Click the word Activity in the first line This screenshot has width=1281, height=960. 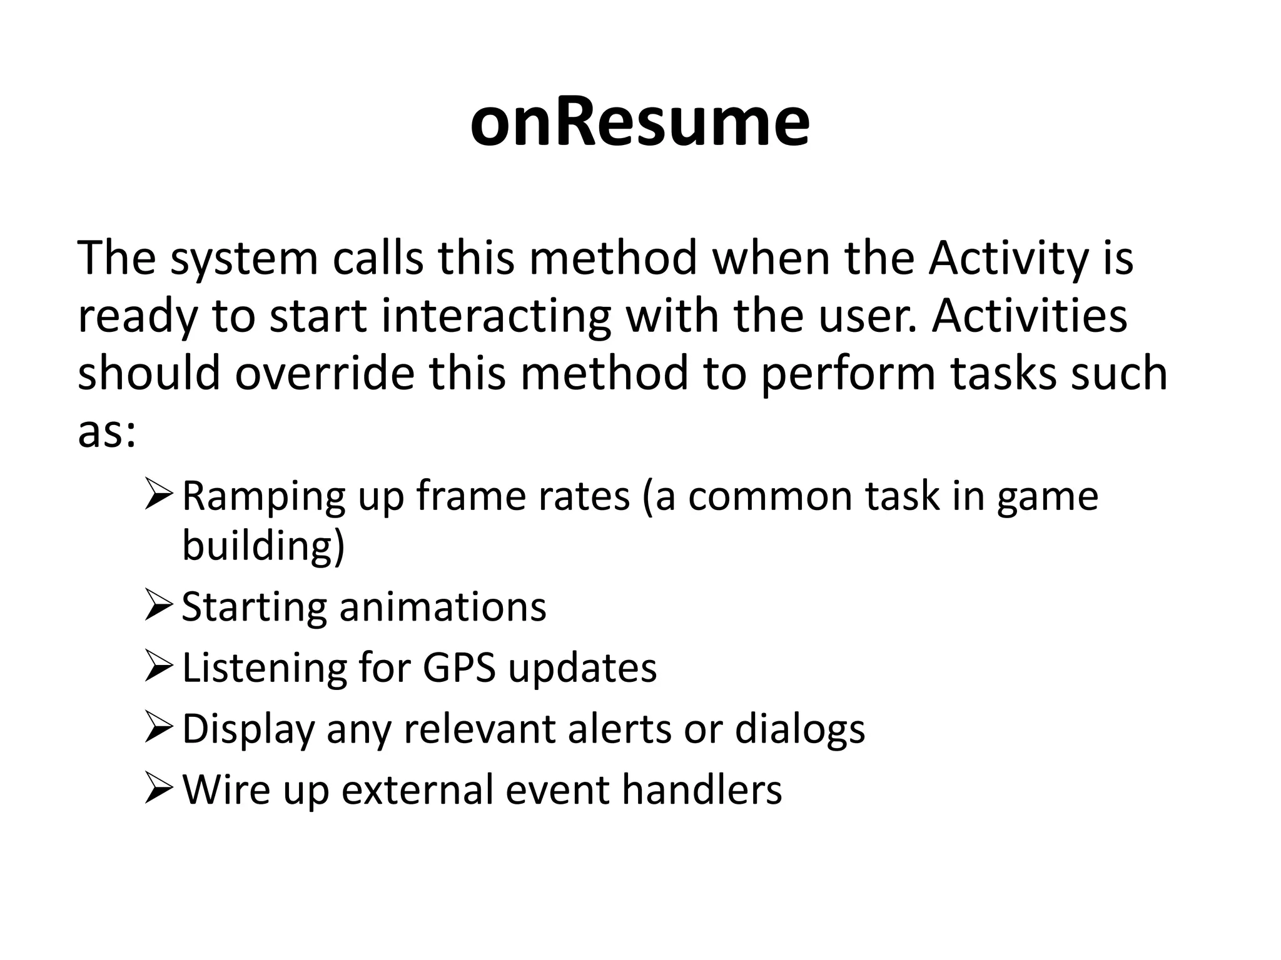click(1008, 259)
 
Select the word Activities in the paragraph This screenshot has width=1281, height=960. click(1030, 316)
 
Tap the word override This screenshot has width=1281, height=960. click(325, 373)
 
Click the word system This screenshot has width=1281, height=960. click(245, 260)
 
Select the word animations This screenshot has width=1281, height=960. click(442, 607)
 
